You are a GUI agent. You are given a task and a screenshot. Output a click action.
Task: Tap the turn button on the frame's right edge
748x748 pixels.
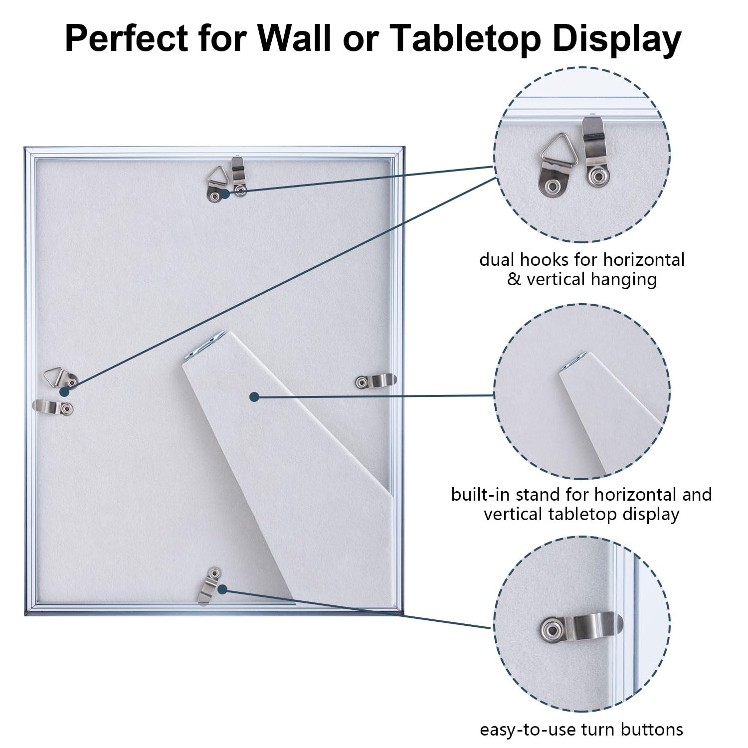pyautogui.click(x=376, y=381)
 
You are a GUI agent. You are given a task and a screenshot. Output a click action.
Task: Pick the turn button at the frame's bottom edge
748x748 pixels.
pyautogui.click(x=210, y=584)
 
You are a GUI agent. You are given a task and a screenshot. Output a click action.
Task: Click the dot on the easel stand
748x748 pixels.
pyautogui.click(x=254, y=396)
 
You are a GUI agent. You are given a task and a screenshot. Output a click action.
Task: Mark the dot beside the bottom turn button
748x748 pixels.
pyautogui.click(x=222, y=589)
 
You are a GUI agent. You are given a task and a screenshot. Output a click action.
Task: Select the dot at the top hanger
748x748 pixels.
pyautogui.click(x=225, y=193)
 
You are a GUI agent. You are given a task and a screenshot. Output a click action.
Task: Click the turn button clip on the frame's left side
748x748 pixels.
pyautogui.click(x=54, y=407)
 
